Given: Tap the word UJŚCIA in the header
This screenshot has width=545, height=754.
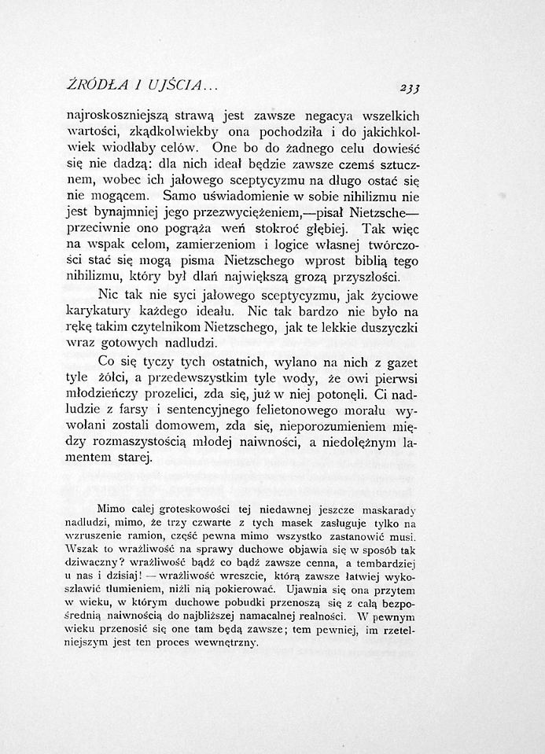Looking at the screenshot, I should pos(182,84).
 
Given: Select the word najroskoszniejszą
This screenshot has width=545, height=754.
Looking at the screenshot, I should pos(126,115).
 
